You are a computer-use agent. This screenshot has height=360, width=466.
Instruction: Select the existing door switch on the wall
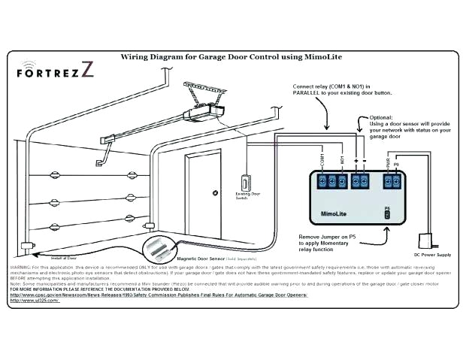243,183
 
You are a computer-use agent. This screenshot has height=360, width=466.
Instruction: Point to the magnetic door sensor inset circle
162,244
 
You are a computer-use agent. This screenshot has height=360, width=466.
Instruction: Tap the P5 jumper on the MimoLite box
387,214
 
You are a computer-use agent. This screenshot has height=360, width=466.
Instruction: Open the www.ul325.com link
29,300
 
